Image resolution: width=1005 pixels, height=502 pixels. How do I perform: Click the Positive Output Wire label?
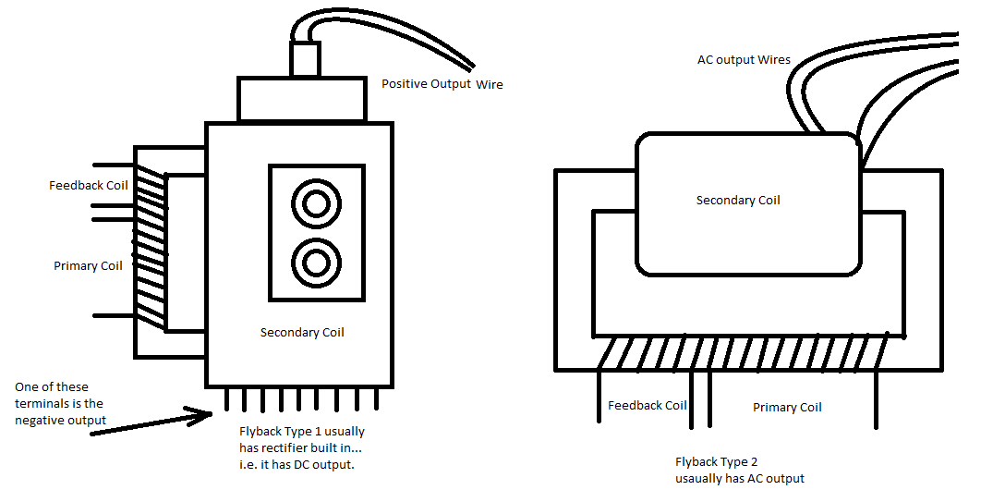(x=442, y=84)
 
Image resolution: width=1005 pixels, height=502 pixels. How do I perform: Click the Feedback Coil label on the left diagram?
(x=88, y=186)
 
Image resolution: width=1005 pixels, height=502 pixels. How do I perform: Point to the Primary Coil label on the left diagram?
(x=88, y=266)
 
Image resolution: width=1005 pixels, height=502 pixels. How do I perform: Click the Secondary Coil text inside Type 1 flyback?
(x=302, y=333)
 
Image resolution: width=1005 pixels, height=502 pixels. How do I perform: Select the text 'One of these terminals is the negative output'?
(x=60, y=403)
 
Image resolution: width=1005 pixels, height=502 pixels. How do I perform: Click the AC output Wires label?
(x=744, y=60)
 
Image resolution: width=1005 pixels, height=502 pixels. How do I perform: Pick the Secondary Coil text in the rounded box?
(x=738, y=200)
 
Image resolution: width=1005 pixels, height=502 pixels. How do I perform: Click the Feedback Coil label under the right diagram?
(x=647, y=406)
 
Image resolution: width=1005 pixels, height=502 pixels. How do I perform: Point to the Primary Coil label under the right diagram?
(x=787, y=408)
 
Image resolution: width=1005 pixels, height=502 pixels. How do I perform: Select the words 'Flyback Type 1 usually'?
(x=301, y=432)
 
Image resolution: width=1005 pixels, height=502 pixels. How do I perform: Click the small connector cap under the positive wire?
(x=304, y=60)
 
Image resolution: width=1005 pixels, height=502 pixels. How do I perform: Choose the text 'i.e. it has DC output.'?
(x=296, y=465)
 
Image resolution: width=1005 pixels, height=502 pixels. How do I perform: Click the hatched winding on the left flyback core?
(x=150, y=245)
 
